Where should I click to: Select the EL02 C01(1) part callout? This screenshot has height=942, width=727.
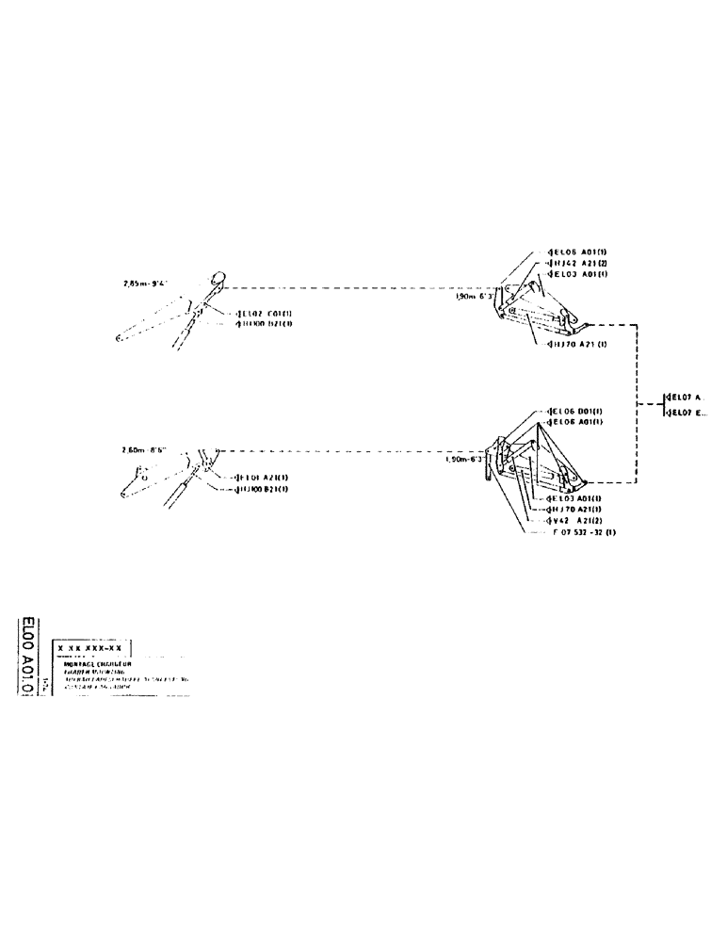(x=265, y=314)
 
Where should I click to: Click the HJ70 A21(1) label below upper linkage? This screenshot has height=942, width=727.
(x=575, y=345)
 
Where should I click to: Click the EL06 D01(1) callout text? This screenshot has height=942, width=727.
(x=575, y=412)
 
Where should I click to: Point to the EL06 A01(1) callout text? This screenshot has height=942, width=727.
(x=575, y=422)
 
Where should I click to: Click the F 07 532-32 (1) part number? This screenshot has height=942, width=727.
(x=584, y=532)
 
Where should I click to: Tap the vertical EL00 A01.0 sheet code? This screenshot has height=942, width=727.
(x=28, y=657)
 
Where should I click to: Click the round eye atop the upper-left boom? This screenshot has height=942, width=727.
(x=218, y=278)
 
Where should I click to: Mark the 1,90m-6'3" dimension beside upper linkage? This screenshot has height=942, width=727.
(x=471, y=296)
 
